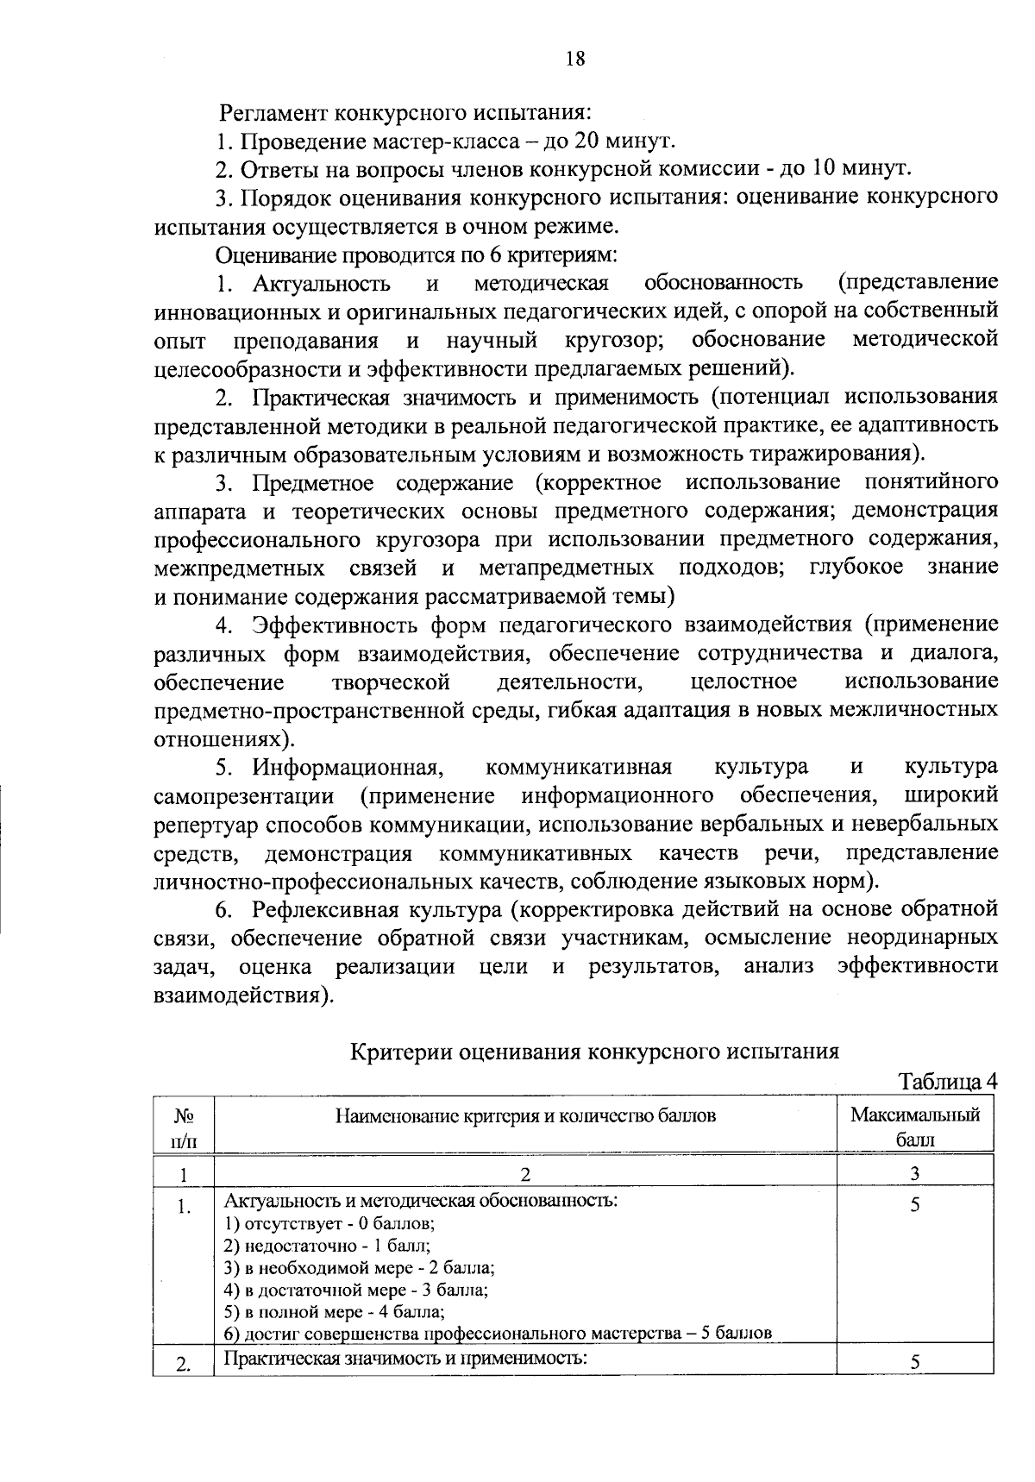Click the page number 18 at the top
click(575, 58)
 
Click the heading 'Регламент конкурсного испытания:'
click(405, 112)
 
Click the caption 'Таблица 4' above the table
click(948, 1081)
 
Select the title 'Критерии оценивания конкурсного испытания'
click(594, 1052)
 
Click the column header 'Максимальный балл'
click(915, 1126)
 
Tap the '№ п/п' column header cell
click(183, 1126)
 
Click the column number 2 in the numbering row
click(525, 1173)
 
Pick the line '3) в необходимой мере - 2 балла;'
click(359, 1268)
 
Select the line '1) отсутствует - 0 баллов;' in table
click(329, 1223)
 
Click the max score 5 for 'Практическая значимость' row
click(914, 1363)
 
